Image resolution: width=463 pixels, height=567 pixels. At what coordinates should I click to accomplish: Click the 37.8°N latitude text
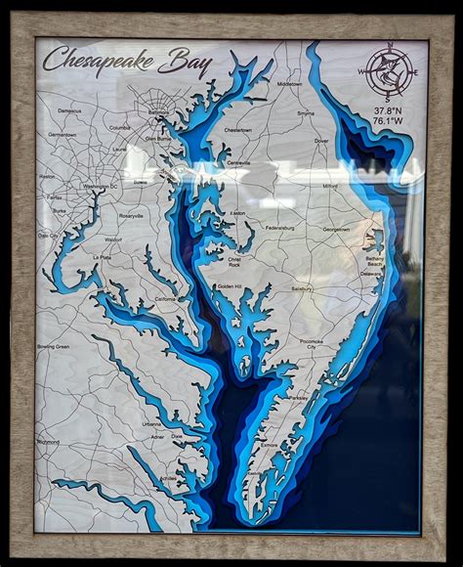click(x=389, y=111)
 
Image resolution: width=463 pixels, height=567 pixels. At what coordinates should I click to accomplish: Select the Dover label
click(x=321, y=141)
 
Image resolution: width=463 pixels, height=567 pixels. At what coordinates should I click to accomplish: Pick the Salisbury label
click(x=302, y=289)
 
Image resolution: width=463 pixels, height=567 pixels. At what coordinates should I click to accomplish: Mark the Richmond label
click(x=48, y=442)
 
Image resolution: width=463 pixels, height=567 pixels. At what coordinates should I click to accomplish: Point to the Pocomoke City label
click(x=312, y=343)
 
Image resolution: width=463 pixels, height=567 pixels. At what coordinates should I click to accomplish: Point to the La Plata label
click(x=103, y=257)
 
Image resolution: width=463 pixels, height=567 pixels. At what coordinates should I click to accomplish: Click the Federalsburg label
click(x=279, y=228)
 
